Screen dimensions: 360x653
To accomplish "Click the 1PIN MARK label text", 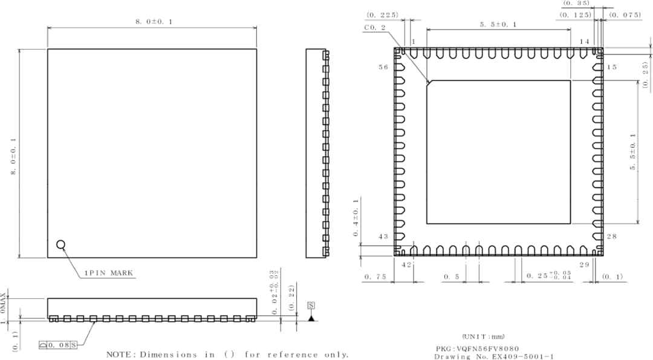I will [x=109, y=273].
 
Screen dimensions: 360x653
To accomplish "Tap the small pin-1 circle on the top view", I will [x=60, y=244].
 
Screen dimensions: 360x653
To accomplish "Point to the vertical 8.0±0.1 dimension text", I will [x=12, y=157].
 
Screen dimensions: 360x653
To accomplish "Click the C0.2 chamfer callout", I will [x=375, y=27].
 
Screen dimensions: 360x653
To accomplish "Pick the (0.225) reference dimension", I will [x=382, y=15].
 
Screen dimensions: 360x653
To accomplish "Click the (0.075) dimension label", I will [x=625, y=15].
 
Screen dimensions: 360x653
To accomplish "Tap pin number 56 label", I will [x=384, y=67].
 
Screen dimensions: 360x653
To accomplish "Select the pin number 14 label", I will [x=584, y=41].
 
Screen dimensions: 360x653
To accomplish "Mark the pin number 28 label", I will [x=611, y=237].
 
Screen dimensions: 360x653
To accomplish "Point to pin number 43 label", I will [x=384, y=237].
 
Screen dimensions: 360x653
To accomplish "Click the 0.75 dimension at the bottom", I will [x=375, y=277].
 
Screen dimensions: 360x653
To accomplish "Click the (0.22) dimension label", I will [x=291, y=299].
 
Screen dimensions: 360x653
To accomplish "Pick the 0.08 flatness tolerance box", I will [x=59, y=345].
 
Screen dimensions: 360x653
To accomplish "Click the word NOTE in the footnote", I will [x=120, y=355].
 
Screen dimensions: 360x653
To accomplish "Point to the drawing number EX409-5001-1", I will [x=523, y=357].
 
